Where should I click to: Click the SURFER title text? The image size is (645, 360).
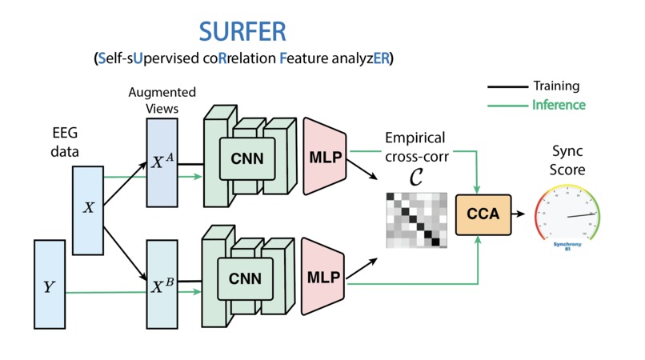[x=242, y=32]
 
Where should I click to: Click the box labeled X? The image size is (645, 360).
[x=88, y=208]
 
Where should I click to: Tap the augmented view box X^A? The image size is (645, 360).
[x=162, y=163]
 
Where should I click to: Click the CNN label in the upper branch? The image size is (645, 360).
[x=246, y=158]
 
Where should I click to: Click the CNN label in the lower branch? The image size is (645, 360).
[x=246, y=278]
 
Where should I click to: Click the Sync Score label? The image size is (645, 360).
[x=569, y=160]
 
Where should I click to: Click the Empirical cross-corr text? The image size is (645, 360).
[x=416, y=146]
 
